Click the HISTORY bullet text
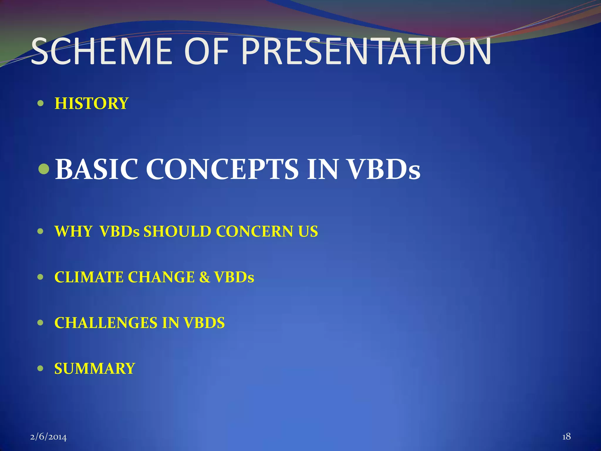(92, 104)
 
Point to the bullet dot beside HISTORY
(41, 104)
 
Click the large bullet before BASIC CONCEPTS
(44, 169)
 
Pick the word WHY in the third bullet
(74, 231)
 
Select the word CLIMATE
(89, 277)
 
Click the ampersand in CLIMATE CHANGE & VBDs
(205, 277)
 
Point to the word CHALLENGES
(106, 323)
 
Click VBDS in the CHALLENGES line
(204, 323)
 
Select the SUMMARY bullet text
(94, 368)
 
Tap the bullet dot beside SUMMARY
(41, 368)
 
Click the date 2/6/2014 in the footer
(48, 437)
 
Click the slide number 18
(566, 437)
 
